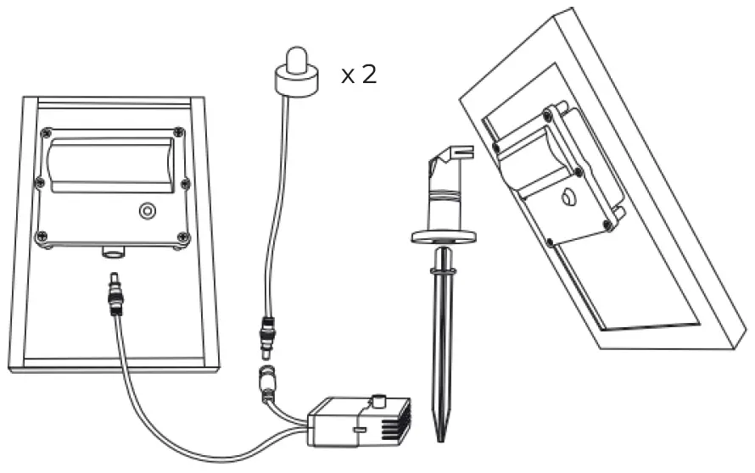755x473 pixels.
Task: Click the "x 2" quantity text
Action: tap(358, 75)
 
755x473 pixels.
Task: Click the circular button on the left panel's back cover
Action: tap(148, 209)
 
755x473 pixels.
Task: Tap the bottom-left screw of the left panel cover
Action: tap(39, 237)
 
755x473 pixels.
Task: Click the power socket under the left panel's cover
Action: tap(110, 252)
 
